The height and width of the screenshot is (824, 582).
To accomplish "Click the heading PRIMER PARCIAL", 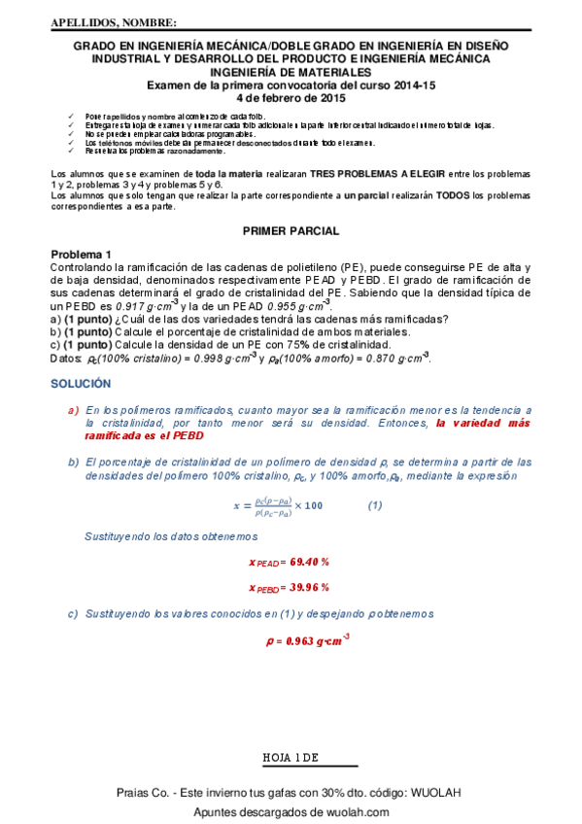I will coord(291,231).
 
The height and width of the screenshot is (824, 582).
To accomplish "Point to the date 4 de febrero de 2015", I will coord(291,98).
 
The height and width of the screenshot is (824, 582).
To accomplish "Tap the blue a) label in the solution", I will coord(73,410).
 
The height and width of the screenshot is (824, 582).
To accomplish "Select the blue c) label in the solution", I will coord(73,614).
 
